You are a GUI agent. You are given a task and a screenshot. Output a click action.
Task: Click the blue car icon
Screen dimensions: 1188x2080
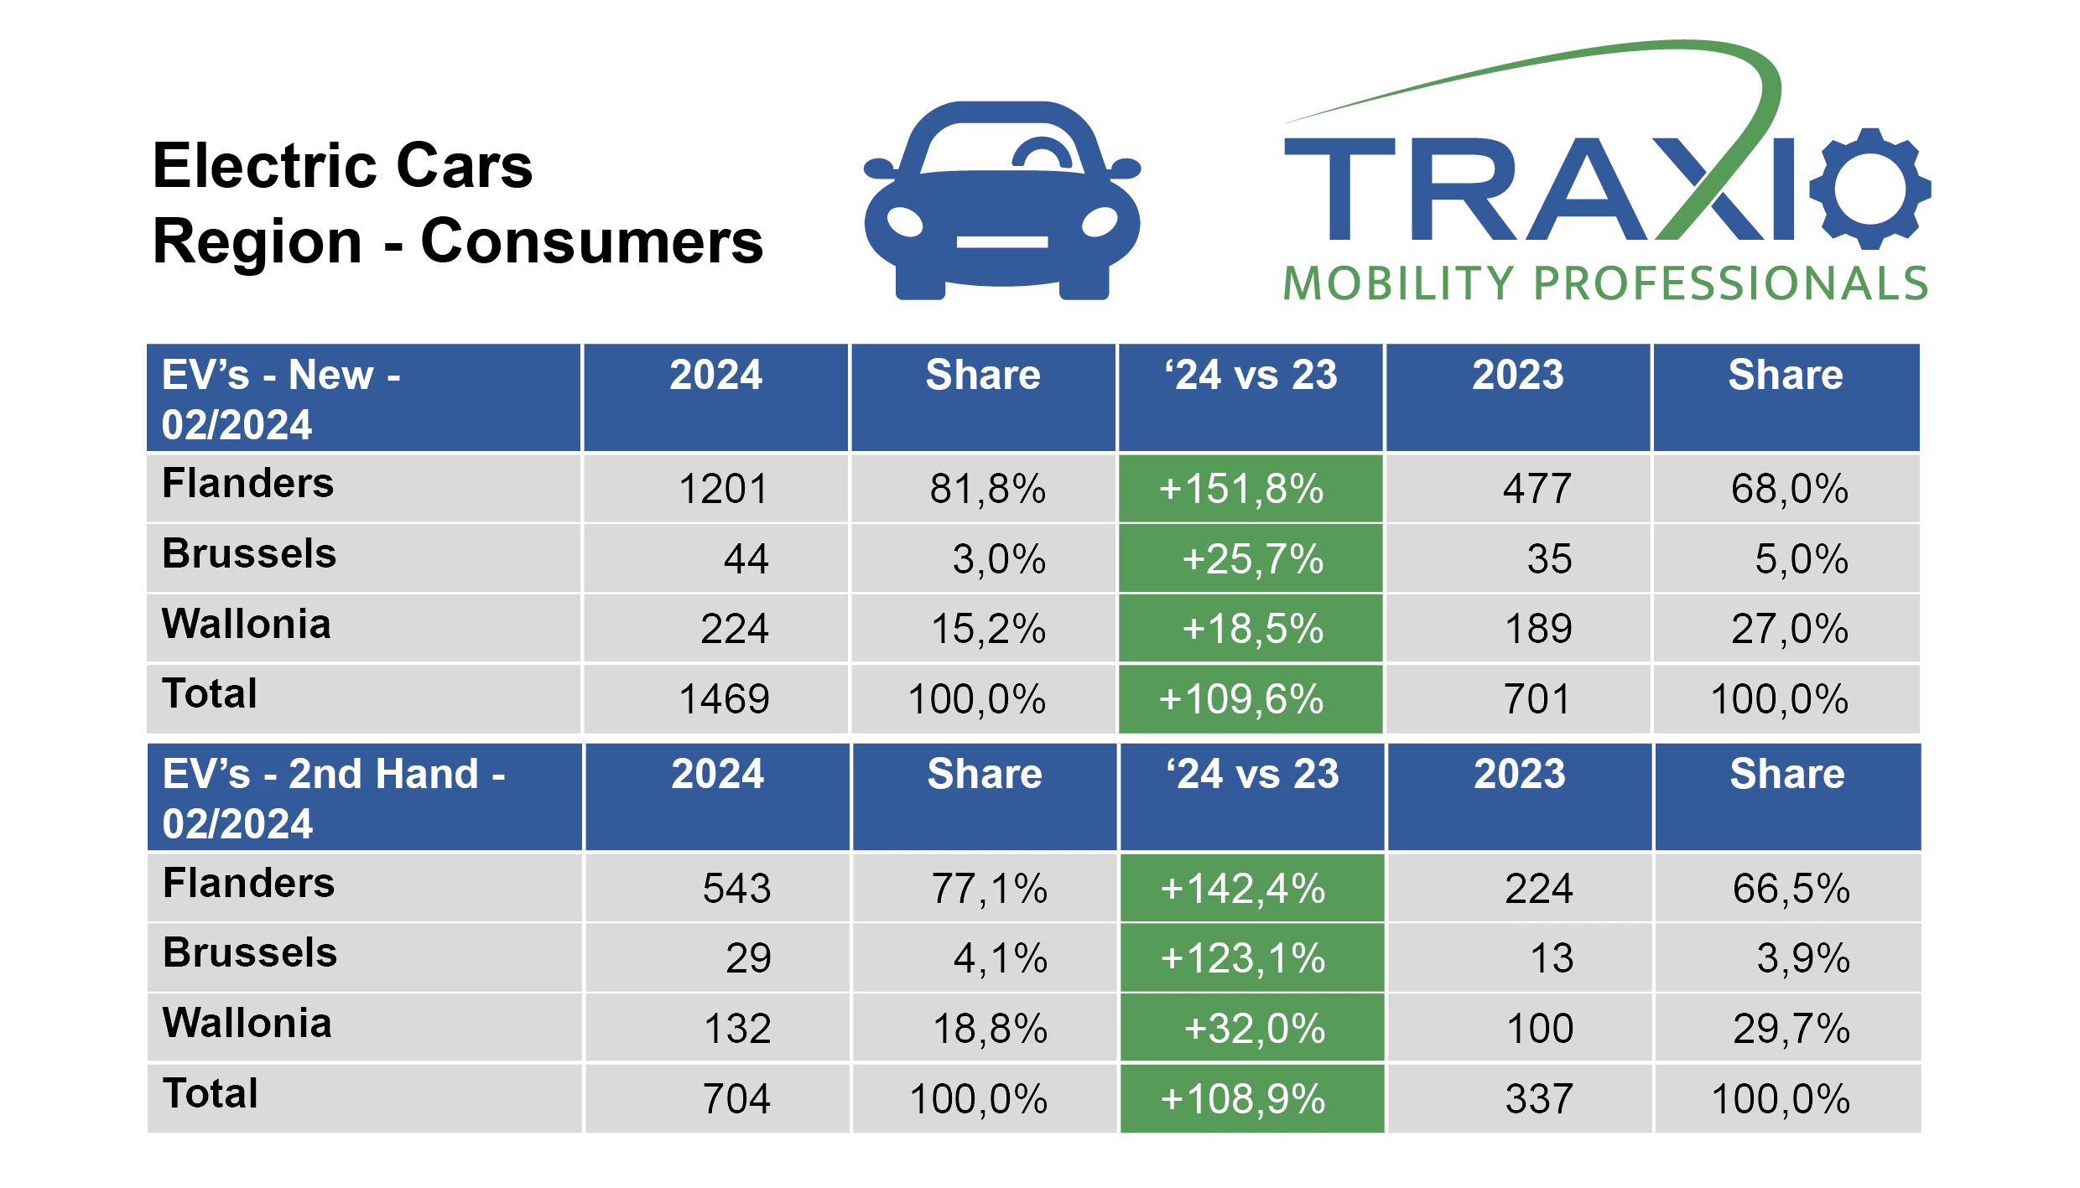tap(1001, 201)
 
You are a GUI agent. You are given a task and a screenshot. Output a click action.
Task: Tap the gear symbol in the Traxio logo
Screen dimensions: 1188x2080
tap(1869, 189)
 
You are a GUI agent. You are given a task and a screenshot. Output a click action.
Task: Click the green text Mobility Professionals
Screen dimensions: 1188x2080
tap(1605, 282)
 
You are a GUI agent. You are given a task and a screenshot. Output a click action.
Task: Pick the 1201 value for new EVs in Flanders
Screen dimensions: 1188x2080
tap(723, 489)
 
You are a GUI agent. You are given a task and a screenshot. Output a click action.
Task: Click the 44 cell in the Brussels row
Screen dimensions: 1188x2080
tap(746, 559)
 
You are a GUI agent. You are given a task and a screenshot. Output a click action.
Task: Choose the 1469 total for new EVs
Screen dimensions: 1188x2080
tap(723, 699)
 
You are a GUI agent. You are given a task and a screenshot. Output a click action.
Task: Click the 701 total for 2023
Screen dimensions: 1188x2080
tap(1537, 699)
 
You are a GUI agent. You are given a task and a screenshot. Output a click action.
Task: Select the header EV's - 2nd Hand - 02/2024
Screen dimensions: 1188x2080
tap(334, 798)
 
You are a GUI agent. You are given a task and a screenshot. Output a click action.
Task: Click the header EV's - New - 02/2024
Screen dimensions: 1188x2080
tap(281, 399)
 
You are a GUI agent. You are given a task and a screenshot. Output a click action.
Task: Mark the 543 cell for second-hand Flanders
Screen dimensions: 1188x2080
tap(736, 889)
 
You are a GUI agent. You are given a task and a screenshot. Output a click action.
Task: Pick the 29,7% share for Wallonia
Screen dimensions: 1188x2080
tap(1791, 1029)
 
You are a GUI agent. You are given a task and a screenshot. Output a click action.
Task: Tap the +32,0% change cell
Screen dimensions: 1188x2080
tap(1254, 1029)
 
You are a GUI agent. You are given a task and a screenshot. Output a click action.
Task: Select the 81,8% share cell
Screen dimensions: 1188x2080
tap(987, 489)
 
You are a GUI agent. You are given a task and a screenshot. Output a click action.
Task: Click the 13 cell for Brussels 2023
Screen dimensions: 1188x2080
tap(1552, 958)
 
